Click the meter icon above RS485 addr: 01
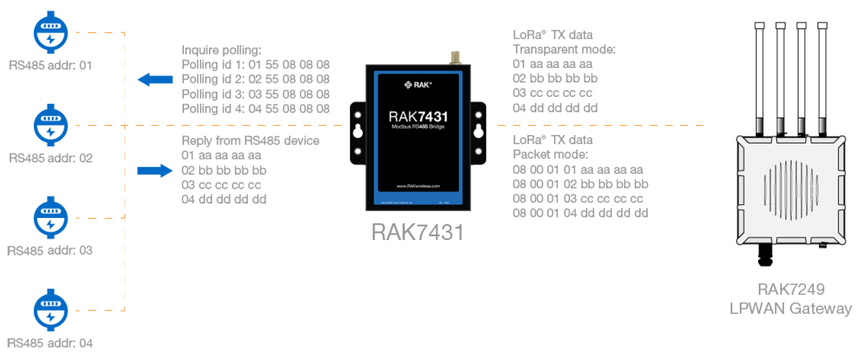(50, 33)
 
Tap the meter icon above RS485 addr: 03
(50, 218)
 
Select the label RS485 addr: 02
(50, 159)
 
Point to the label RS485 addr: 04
(50, 343)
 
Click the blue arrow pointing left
(155, 80)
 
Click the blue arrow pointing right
(155, 171)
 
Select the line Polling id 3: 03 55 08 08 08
(255, 94)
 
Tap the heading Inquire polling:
(221, 50)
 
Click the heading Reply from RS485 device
(250, 141)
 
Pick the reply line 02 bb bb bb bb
(224, 170)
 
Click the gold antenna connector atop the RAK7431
(456, 57)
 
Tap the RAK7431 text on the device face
(418, 117)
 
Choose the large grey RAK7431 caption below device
(418, 232)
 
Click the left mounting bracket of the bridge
(357, 132)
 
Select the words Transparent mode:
(564, 50)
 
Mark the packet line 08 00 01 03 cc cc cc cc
(578, 199)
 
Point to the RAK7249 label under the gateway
(791, 289)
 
